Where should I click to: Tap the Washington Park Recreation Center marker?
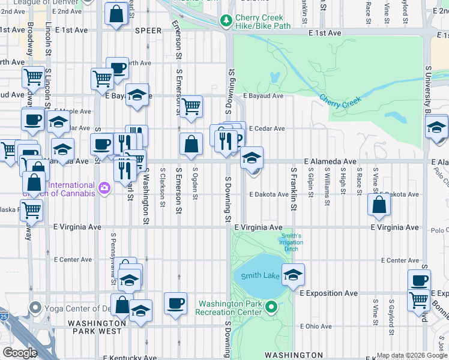pos(271,308)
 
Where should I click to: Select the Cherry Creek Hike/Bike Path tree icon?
pos(226,22)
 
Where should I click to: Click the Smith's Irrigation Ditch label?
pos(291,242)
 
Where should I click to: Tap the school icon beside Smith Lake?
pos(293,275)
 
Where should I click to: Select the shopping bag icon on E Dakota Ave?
pos(379,205)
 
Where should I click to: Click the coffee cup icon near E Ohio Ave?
pos(175,304)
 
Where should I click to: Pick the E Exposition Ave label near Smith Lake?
pos(328,293)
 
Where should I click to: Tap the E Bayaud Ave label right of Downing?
pos(263,95)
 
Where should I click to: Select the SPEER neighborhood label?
pos(148,31)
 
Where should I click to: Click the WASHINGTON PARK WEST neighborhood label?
pos(96,327)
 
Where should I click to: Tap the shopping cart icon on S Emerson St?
pos(191,106)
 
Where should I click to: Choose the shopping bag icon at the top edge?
pos(116,13)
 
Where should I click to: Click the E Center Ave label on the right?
pos(401,260)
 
